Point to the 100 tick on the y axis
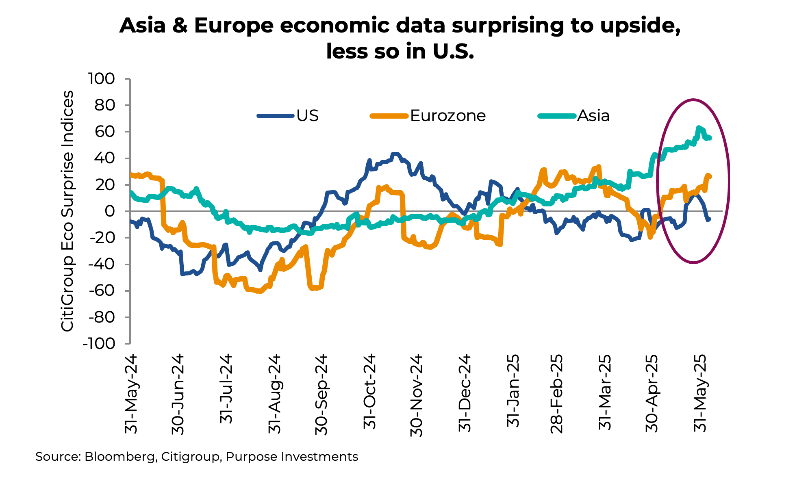pyautogui.click(x=102, y=78)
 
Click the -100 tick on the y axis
pyautogui.click(x=98, y=344)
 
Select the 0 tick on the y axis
pyautogui.click(x=109, y=211)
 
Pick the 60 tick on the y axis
pyautogui.click(x=104, y=132)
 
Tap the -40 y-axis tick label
pyautogui.click(x=102, y=264)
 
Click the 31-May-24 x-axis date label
pyautogui.click(x=131, y=394)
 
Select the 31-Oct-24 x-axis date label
pyautogui.click(x=369, y=392)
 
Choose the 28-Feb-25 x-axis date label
pyautogui.click(x=556, y=394)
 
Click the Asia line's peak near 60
pyautogui.click(x=698, y=128)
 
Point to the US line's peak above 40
pyautogui.click(x=395, y=154)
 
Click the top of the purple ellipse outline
pyautogui.click(x=693, y=100)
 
